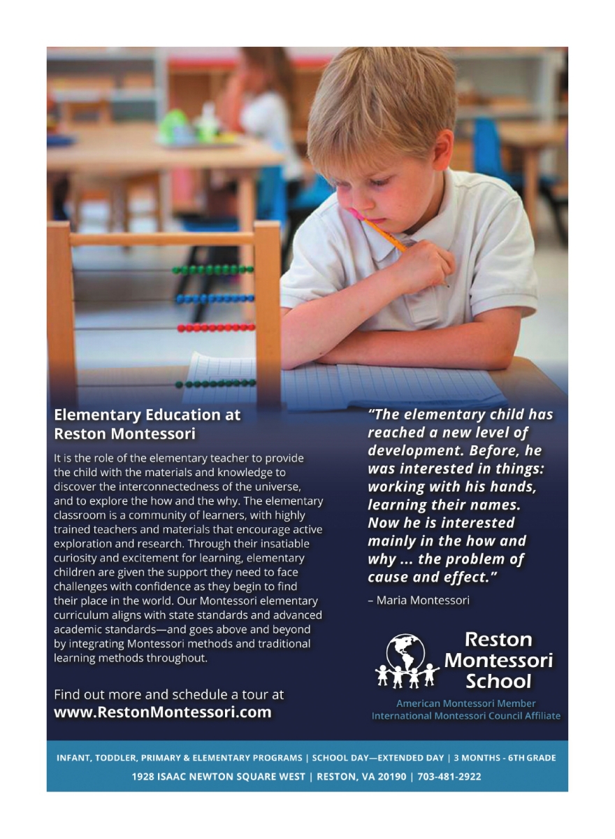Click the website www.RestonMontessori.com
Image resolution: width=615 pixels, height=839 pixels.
163,712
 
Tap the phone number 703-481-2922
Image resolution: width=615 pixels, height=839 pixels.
449,777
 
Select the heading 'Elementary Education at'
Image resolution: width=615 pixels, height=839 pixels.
147,415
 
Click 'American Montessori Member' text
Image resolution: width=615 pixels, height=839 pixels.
466,703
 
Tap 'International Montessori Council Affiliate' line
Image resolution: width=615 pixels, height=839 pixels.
466,716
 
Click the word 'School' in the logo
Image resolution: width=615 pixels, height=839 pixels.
498,682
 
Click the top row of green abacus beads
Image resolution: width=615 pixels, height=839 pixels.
213,269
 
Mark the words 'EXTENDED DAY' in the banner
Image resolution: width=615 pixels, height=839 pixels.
412,758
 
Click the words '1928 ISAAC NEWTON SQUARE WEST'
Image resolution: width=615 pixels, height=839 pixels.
218,777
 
